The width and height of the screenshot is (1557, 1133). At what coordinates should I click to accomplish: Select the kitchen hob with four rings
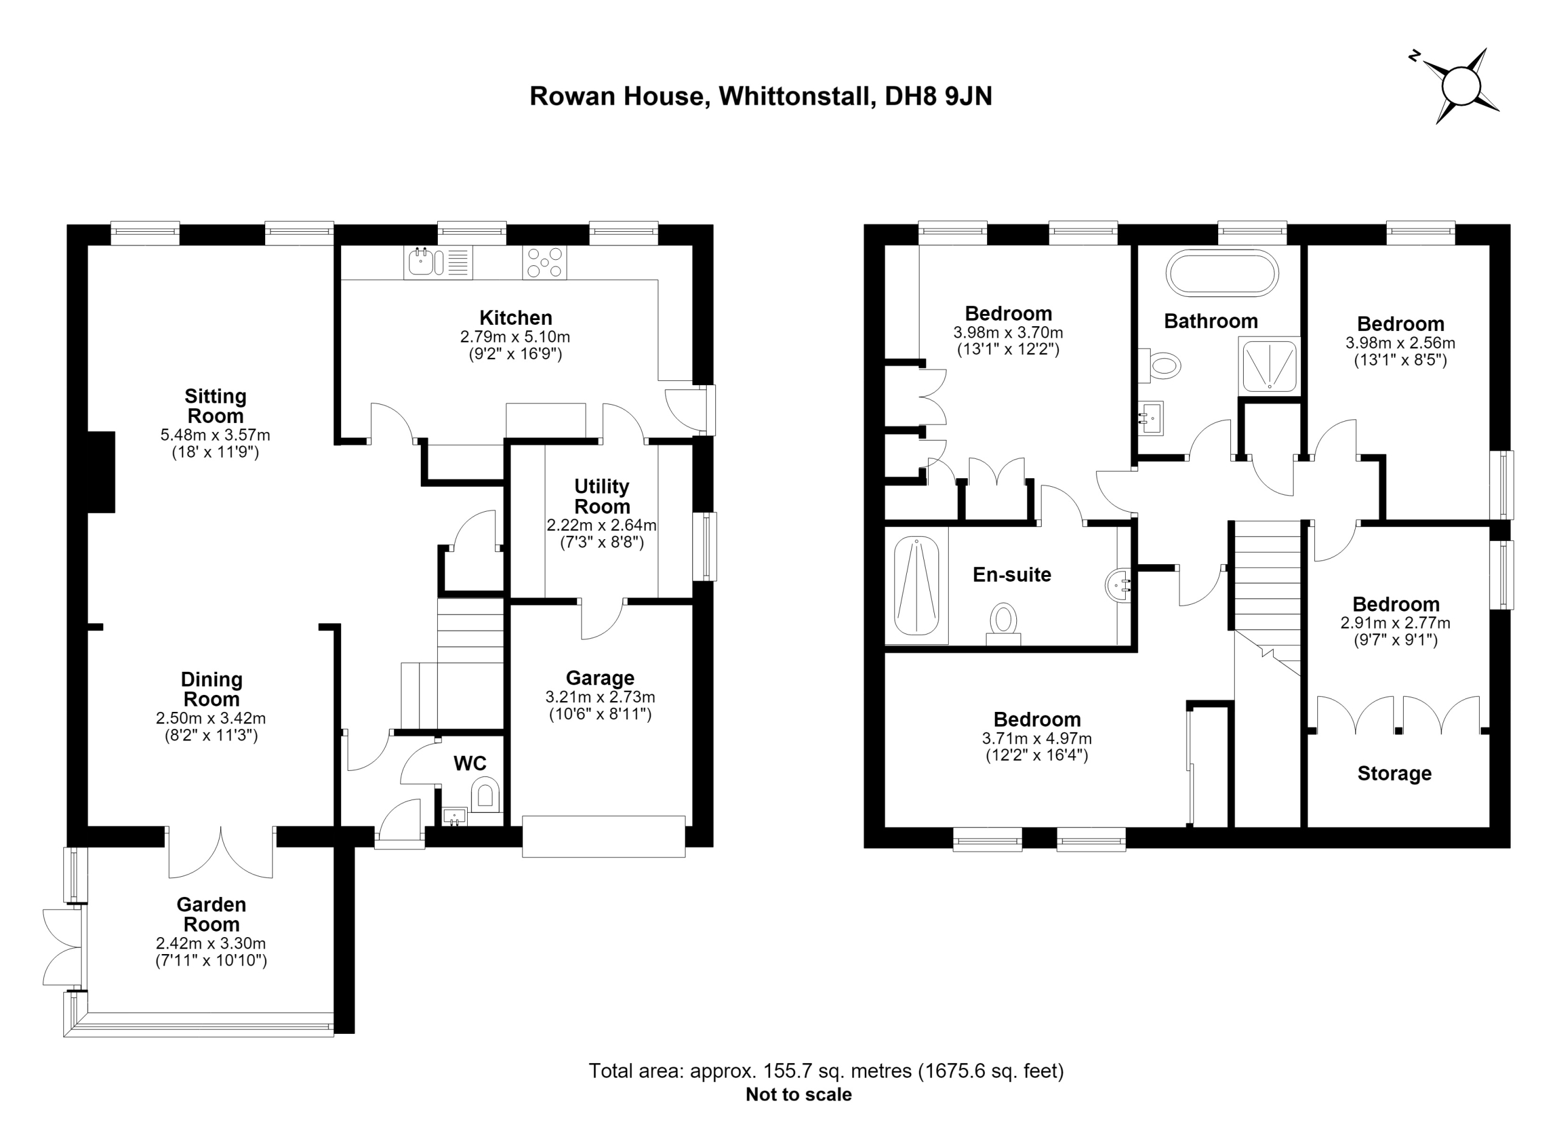(544, 262)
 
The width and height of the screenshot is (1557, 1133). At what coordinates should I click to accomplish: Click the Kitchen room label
(516, 318)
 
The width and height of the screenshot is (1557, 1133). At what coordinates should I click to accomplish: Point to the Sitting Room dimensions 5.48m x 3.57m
(215, 434)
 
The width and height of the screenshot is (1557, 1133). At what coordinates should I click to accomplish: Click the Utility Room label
(602, 497)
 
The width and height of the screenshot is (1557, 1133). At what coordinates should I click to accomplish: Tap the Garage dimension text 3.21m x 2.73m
(600, 697)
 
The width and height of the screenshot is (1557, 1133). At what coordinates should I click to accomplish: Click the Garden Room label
(211, 915)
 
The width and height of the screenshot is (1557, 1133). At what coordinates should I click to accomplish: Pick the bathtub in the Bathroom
(1222, 273)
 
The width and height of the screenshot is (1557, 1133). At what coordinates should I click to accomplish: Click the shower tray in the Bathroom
(1269, 366)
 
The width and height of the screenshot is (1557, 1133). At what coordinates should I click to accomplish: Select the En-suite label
(1012, 575)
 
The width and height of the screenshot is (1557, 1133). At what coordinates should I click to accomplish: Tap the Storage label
(1394, 774)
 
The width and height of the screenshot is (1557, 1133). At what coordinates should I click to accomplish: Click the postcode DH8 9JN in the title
(938, 96)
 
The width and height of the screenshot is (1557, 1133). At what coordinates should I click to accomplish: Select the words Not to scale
(799, 1095)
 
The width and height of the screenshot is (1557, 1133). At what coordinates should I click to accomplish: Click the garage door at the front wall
(603, 836)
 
